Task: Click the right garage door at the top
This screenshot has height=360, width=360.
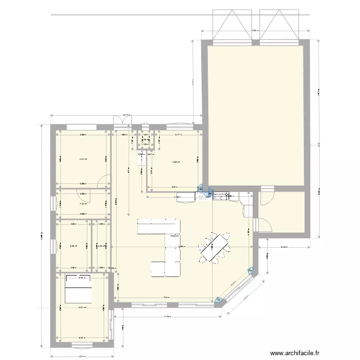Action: (x=279, y=26)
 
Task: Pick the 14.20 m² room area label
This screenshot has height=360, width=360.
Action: (x=176, y=162)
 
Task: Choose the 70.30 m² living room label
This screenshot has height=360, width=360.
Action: (x=174, y=236)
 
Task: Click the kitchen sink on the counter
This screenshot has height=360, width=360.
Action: (x=222, y=196)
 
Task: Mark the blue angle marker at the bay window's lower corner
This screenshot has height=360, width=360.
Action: (x=219, y=301)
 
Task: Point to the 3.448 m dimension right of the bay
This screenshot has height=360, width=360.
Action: (x=284, y=248)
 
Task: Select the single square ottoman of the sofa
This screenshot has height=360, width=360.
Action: (x=159, y=268)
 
